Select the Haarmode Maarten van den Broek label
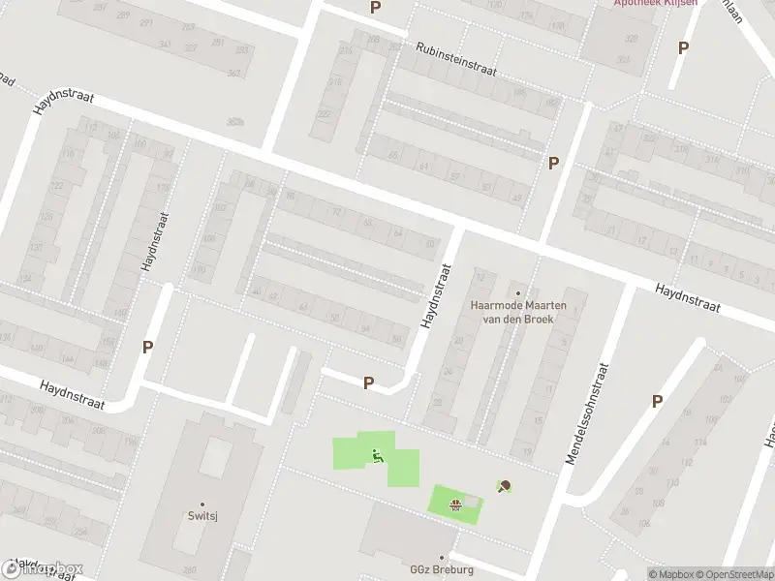pyautogui.click(x=518, y=312)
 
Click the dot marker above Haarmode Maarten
pyautogui.click(x=518, y=293)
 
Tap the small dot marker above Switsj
pyautogui.click(x=201, y=505)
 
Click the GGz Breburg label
pyautogui.click(x=442, y=569)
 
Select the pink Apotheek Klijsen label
pyautogui.click(x=655, y=3)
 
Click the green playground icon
pyautogui.click(x=377, y=456)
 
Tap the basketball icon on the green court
pyautogui.click(x=455, y=502)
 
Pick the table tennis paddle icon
pyautogui.click(x=503, y=486)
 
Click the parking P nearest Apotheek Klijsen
pyautogui.click(x=683, y=46)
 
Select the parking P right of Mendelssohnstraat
pyautogui.click(x=657, y=401)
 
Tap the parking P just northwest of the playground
pyautogui.click(x=368, y=383)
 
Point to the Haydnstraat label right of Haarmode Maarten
pyautogui.click(x=687, y=297)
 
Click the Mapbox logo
pyautogui.click(x=44, y=568)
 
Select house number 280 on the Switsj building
pyautogui.click(x=190, y=569)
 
